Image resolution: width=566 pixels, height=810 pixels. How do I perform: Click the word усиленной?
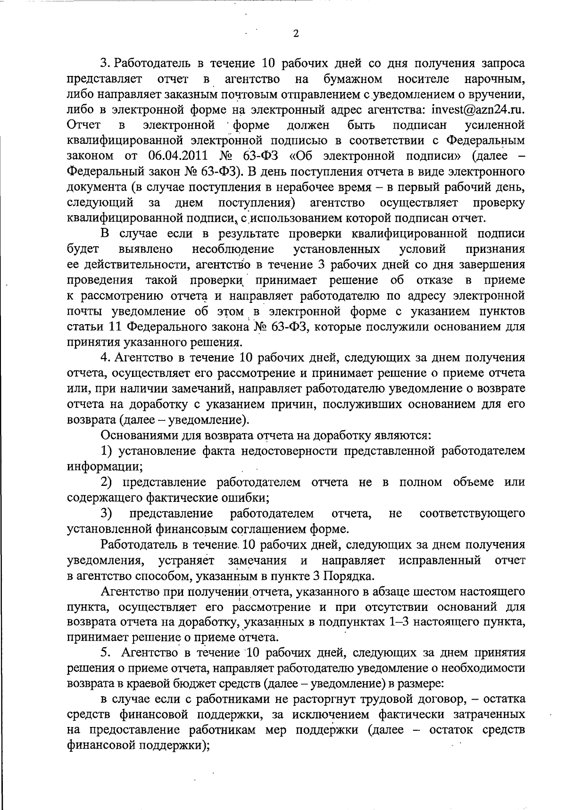(x=495, y=125)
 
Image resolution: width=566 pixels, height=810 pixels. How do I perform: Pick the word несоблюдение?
(x=233, y=249)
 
